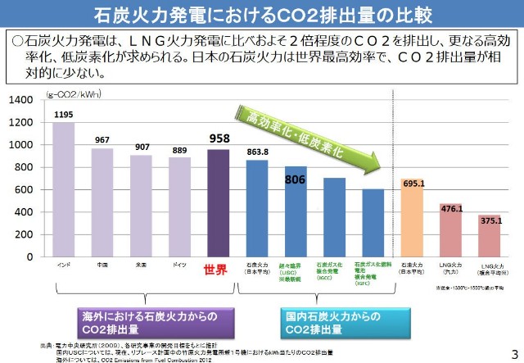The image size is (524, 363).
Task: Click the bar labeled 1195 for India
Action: [64, 189]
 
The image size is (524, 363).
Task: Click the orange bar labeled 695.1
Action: [412, 217]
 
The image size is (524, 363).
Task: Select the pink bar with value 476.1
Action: [451, 230]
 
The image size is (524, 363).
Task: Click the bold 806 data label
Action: [295, 178]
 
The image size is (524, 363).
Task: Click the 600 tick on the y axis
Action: [25, 189]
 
